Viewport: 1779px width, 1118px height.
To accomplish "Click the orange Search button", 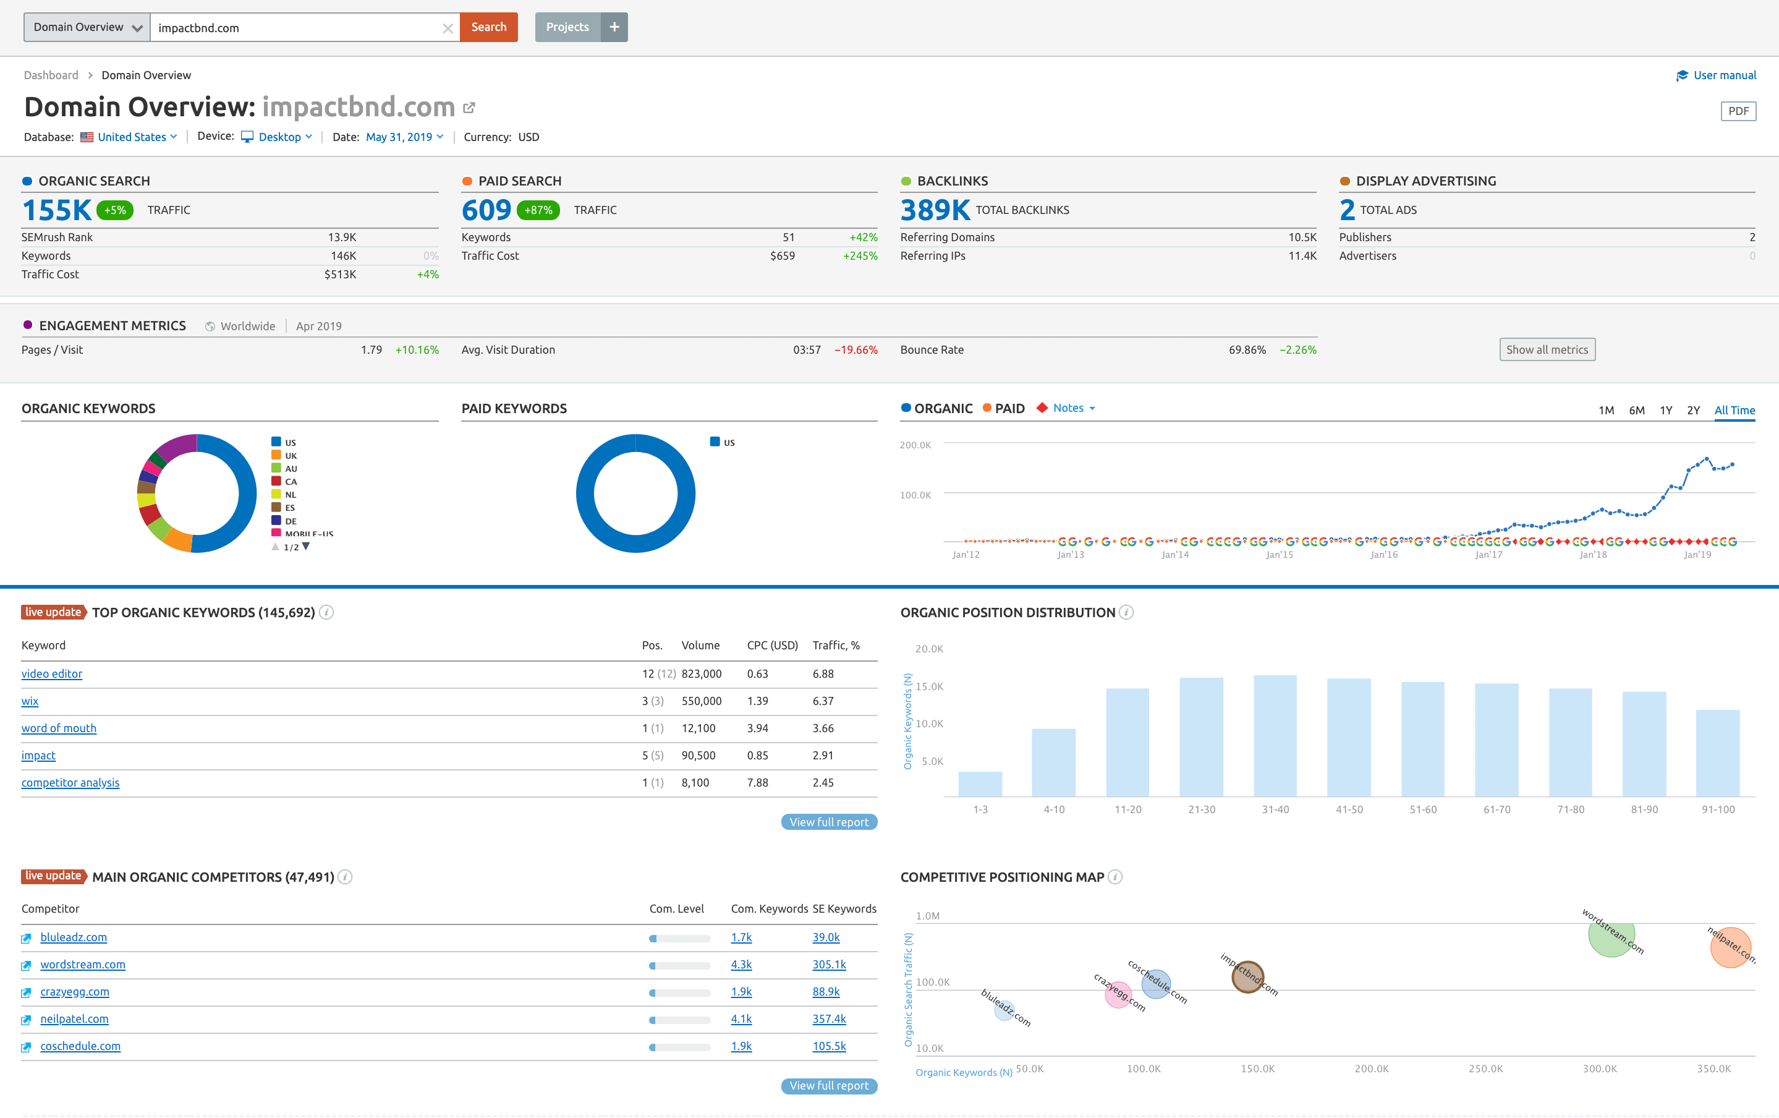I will (488, 27).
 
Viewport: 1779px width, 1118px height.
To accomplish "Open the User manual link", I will (1723, 75).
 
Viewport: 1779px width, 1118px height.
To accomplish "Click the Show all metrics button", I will (1547, 349).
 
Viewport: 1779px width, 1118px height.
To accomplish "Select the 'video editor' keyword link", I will (52, 674).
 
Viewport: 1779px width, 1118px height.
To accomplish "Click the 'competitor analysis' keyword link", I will (70, 782).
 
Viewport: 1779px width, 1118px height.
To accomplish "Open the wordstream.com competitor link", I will (83, 964).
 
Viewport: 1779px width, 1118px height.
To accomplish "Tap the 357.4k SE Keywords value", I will (829, 1019).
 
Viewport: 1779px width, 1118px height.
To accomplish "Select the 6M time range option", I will (1636, 410).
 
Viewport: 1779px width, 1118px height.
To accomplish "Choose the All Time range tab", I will (1734, 410).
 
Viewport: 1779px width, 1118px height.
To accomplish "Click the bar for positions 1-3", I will (980, 784).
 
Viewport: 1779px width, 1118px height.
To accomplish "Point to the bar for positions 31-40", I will (1275, 736).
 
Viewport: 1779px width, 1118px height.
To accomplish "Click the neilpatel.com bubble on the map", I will (1730, 947).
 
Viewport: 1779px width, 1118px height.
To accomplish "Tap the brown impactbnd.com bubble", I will (1247, 977).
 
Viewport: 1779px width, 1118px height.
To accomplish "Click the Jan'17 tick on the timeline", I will (1488, 554).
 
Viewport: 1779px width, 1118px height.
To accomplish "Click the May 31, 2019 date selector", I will (404, 137).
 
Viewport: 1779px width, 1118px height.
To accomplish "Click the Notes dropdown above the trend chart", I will (1072, 408).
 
